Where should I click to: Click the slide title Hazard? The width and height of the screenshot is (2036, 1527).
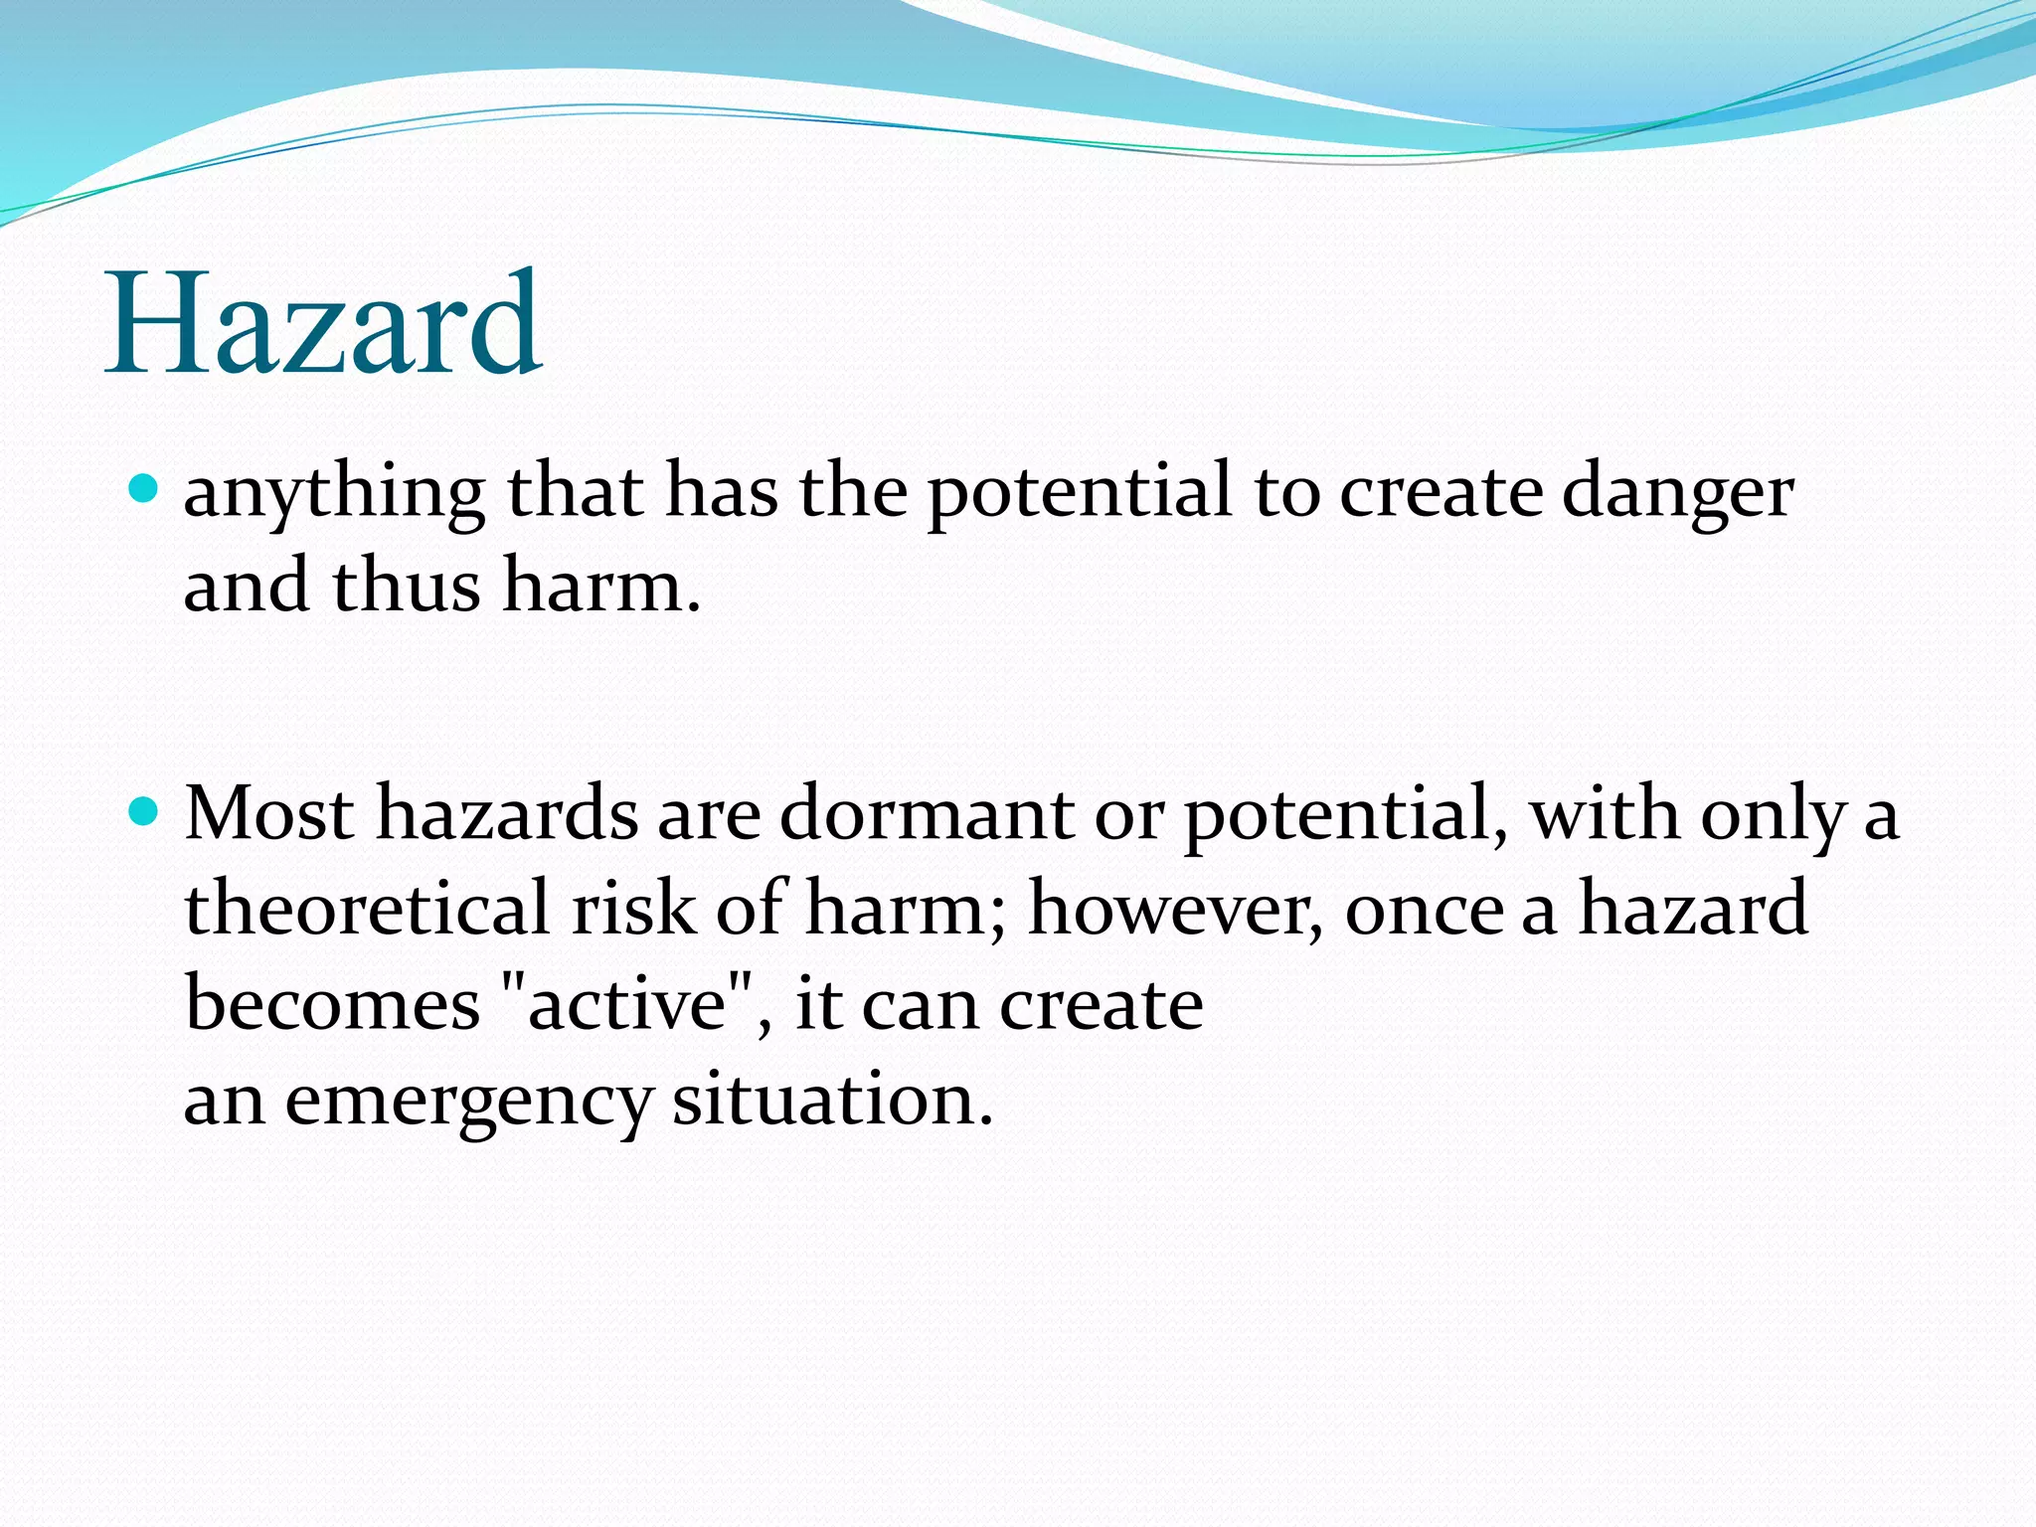point(324,323)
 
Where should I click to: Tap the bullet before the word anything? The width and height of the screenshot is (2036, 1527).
point(145,488)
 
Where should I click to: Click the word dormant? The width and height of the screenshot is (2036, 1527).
point(926,814)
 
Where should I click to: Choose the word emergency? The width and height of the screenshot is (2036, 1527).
point(468,1102)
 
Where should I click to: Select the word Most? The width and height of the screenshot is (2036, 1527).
point(269,814)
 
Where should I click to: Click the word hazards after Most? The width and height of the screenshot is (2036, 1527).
point(506,814)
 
